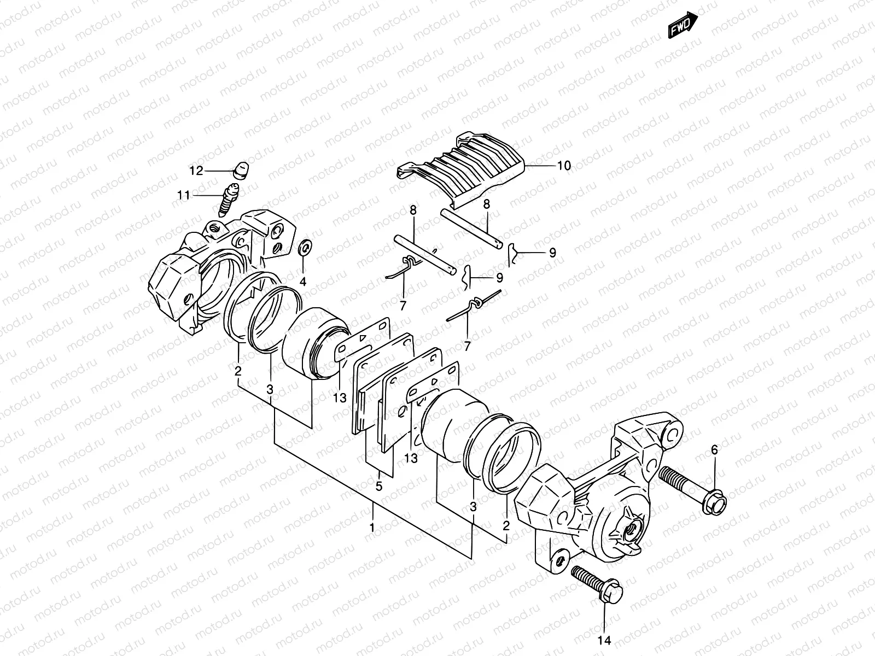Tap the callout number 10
click(563, 165)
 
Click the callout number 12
click(196, 171)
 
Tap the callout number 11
click(183, 195)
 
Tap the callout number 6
click(714, 450)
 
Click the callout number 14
click(604, 640)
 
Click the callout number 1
click(372, 528)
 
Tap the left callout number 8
click(413, 209)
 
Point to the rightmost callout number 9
click(552, 253)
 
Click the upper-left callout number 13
click(340, 398)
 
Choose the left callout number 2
click(238, 371)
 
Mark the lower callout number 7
click(467, 345)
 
